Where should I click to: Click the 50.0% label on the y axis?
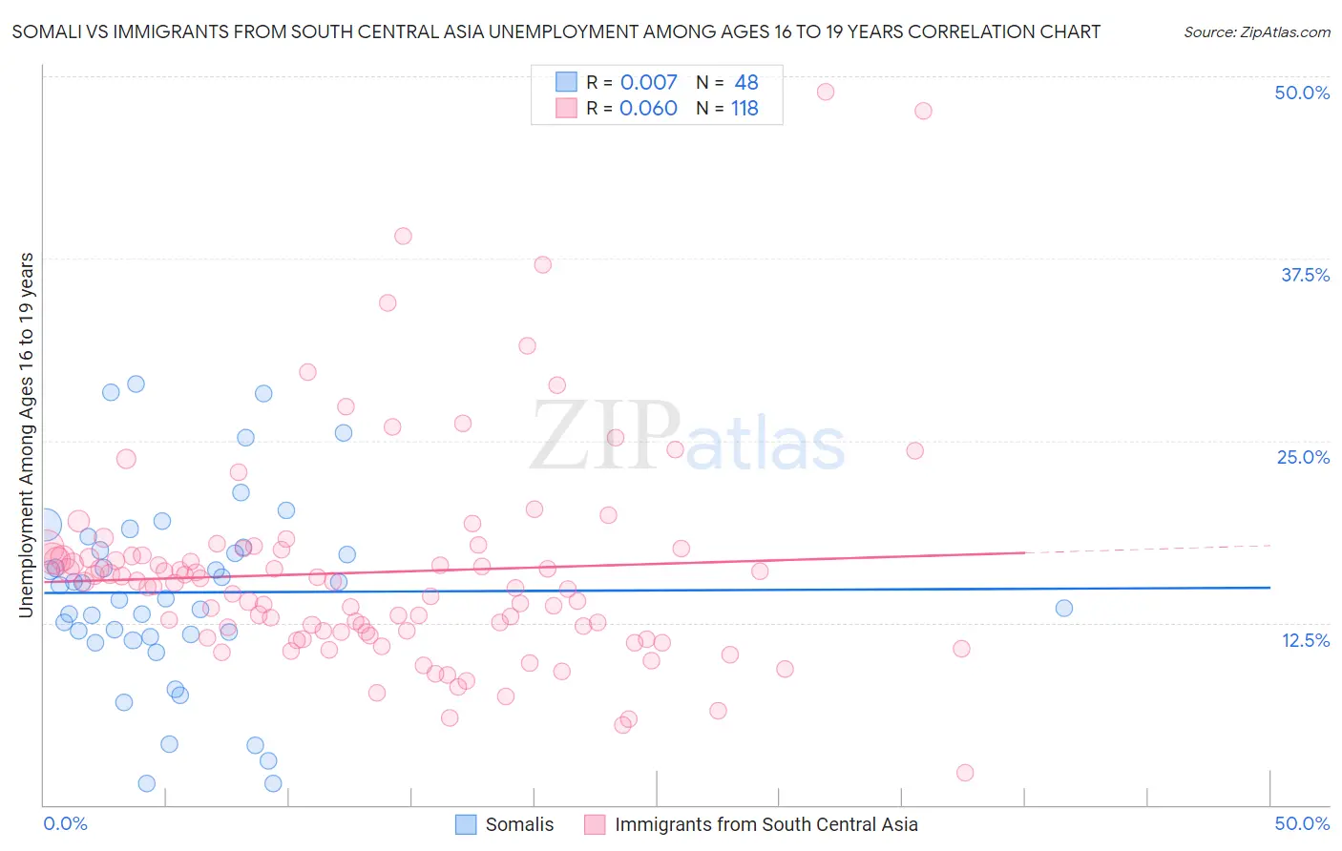pos(1302,93)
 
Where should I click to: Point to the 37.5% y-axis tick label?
pos(1305,275)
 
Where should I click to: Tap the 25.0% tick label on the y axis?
pos(1303,457)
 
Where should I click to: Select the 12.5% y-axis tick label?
pos(1305,640)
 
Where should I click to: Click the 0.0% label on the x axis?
pos(65,823)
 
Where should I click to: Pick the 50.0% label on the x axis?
pos(1302,823)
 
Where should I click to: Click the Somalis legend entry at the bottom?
pos(519,824)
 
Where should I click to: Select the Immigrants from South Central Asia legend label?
pos(765,824)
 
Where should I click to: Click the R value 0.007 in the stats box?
pos(648,82)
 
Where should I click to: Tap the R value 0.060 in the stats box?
pos(648,108)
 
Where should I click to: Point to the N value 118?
pos(744,108)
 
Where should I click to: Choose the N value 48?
pos(746,82)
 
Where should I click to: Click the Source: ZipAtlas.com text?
pos(1256,31)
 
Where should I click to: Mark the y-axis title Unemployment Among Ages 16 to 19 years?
pos(27,435)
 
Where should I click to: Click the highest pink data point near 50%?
pos(826,92)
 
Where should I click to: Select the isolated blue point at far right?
pos(1064,608)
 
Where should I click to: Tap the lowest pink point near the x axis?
pos(965,773)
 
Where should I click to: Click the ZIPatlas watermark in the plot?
pos(687,438)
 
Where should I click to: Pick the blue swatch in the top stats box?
pos(567,82)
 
